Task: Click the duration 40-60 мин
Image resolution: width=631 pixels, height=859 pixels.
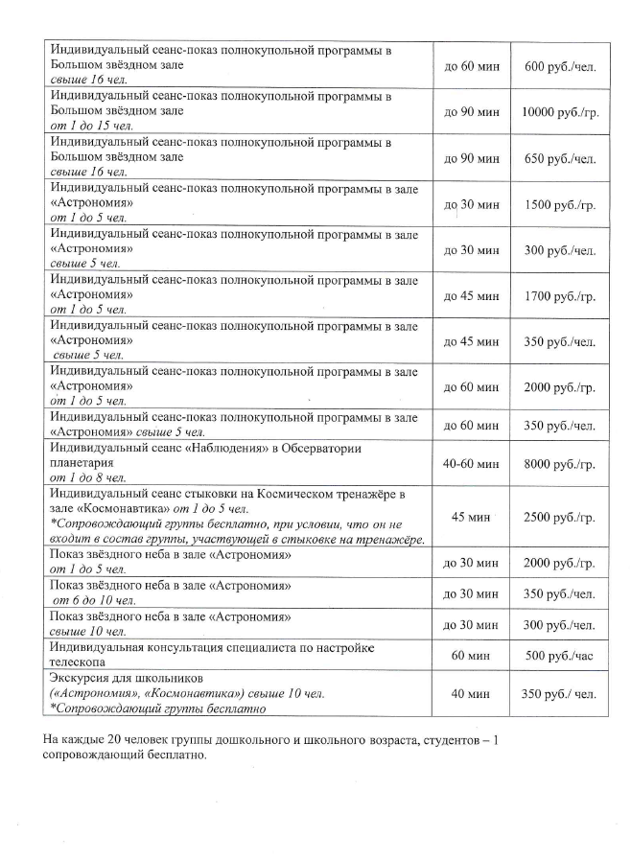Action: [472, 463]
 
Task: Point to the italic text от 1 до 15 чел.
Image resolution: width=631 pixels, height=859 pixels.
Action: [93, 126]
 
